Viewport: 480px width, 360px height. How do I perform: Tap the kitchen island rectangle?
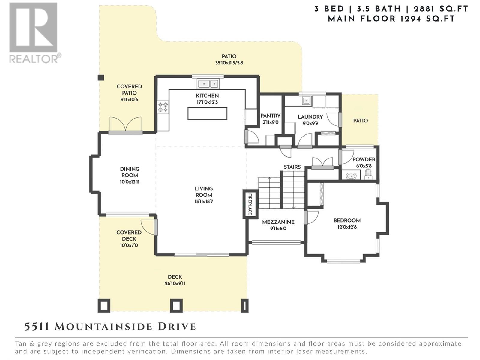pos(207,113)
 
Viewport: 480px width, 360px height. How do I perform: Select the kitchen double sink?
pos(208,84)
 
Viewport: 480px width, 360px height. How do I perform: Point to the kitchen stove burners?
pos(163,107)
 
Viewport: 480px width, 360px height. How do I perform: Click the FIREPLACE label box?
pos(250,204)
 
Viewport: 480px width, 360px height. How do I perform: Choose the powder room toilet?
pos(368,174)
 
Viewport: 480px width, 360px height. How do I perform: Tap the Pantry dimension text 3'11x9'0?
pos(271,122)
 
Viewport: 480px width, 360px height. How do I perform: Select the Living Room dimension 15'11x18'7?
pos(204,202)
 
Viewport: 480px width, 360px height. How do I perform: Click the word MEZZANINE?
pos(278,222)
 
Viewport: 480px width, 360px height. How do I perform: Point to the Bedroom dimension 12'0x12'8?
pos(347,227)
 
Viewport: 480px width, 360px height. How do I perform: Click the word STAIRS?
pos(292,167)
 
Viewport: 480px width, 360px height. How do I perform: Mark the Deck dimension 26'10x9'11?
pos(175,283)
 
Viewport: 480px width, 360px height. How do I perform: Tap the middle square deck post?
pos(176,305)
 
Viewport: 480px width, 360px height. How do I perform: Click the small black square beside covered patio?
pos(101,78)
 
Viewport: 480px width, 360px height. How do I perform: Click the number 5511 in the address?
pos(37,327)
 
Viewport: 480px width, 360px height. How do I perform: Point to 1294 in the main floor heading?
pos(410,19)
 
